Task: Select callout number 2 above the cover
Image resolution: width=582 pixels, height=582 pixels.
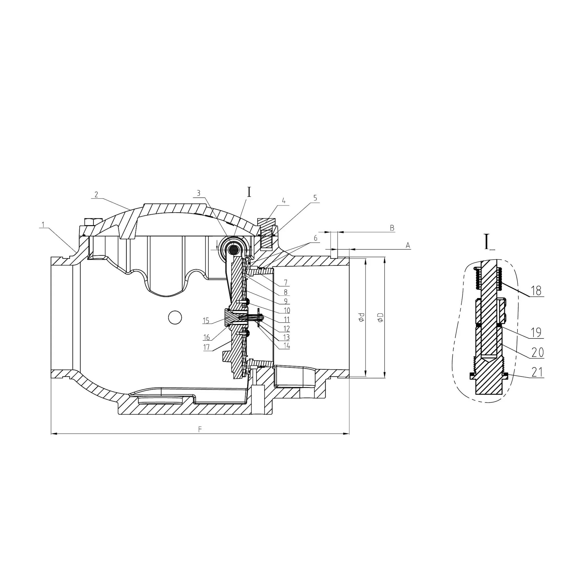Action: point(96,195)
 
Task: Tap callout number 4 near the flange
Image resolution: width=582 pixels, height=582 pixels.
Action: point(283,201)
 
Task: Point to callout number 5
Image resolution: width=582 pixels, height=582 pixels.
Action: point(315,198)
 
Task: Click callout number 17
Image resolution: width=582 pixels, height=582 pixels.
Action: point(207,347)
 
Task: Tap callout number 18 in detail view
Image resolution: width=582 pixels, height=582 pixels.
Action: point(536,291)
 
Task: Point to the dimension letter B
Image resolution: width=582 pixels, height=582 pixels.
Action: point(392,228)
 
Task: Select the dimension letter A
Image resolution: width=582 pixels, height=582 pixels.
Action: point(408,246)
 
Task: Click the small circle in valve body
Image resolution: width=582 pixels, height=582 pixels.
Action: point(174,317)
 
